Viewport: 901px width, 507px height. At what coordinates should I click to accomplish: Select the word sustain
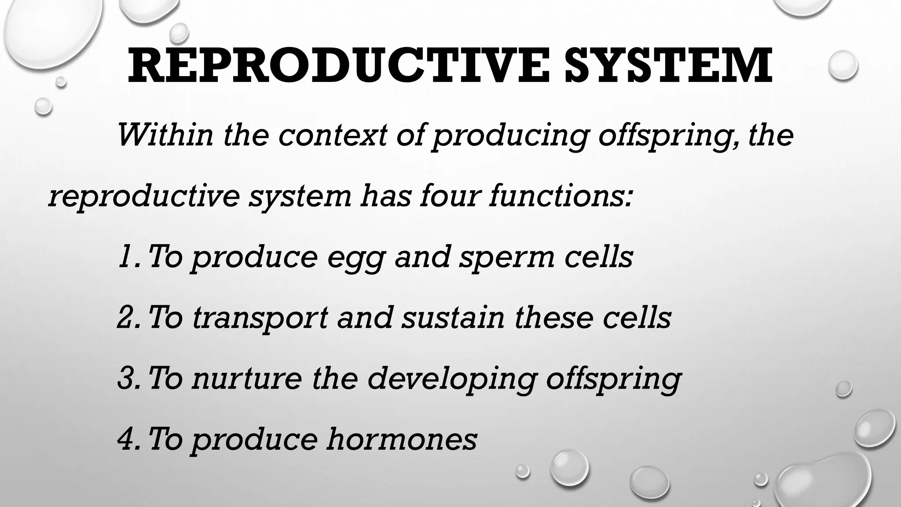coord(453,317)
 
